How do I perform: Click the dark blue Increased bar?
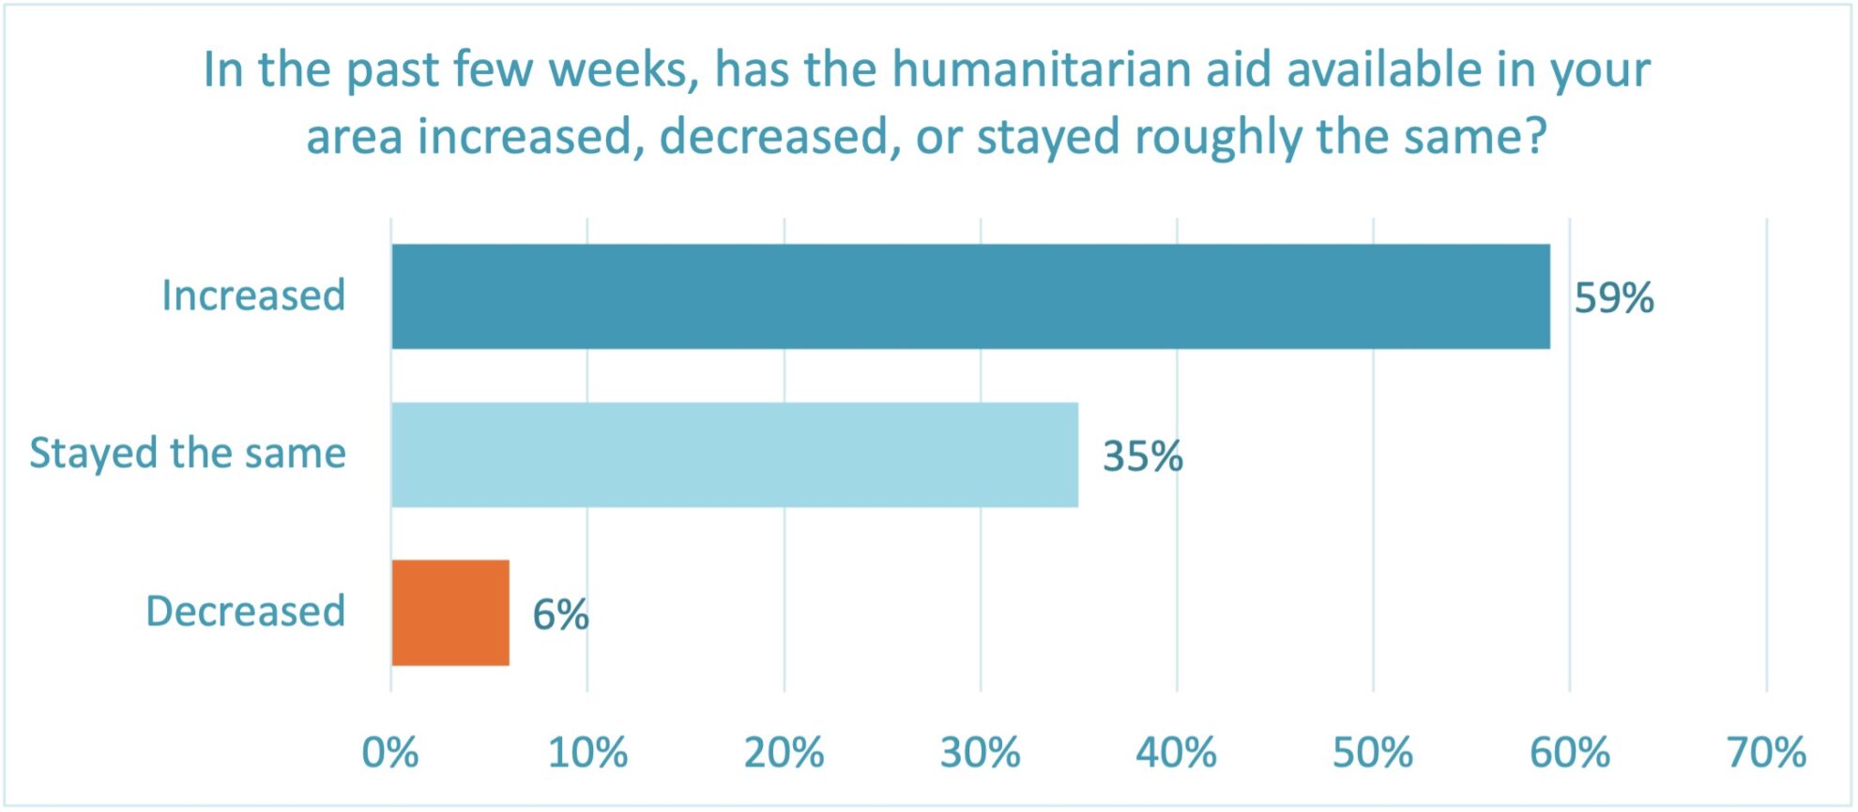click(970, 296)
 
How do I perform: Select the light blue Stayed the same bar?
click(735, 455)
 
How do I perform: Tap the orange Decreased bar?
click(450, 612)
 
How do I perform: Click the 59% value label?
click(1613, 298)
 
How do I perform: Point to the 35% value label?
click(1142, 457)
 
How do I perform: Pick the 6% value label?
click(560, 615)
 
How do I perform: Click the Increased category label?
click(253, 295)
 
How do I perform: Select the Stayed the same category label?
click(188, 454)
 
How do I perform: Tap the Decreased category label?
click(246, 611)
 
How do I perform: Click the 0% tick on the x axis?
click(390, 753)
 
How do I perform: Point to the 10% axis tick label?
click(587, 753)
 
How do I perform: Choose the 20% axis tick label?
click(784, 753)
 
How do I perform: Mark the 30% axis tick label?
click(981, 753)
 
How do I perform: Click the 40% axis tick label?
click(1177, 753)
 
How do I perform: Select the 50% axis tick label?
click(1373, 753)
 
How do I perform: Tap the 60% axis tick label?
click(1570, 753)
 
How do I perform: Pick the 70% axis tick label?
click(1766, 753)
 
